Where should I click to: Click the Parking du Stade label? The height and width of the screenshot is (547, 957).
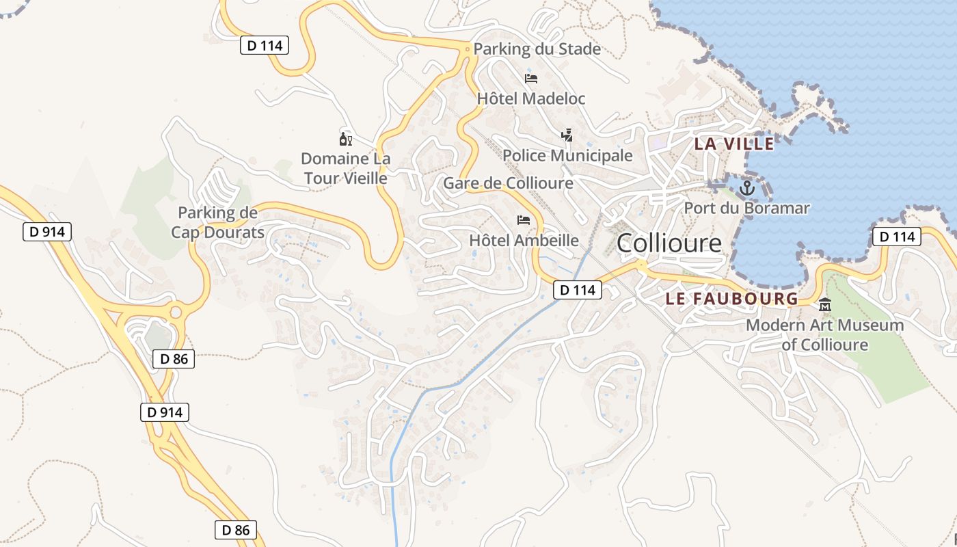click(x=537, y=49)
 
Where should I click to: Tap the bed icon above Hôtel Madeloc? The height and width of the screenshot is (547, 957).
click(x=531, y=78)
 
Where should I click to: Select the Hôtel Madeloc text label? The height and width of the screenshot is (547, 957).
click(x=531, y=98)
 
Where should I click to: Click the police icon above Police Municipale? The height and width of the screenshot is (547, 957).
click(x=566, y=135)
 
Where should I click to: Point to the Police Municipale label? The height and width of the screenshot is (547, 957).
click(x=567, y=156)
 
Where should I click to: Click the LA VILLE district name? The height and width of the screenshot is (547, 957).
click(x=734, y=144)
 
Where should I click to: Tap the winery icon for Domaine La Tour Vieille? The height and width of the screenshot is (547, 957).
click(x=346, y=139)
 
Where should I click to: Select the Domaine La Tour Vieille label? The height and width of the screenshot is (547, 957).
click(x=346, y=168)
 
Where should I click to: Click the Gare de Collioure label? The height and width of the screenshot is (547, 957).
click(x=508, y=183)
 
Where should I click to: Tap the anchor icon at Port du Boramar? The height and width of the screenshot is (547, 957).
click(x=747, y=187)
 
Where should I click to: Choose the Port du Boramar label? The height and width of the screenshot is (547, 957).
click(x=746, y=208)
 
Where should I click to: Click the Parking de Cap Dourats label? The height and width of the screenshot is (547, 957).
click(x=217, y=223)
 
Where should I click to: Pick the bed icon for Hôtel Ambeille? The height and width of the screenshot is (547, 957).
click(x=524, y=220)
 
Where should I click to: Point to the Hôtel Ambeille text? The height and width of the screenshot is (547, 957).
click(x=524, y=241)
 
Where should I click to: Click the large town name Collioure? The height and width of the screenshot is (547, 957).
click(x=669, y=243)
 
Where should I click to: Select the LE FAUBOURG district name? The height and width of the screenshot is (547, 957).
click(x=732, y=299)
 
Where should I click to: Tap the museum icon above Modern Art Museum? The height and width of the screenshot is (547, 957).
click(x=825, y=305)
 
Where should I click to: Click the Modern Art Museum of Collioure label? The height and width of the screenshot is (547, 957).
click(x=824, y=335)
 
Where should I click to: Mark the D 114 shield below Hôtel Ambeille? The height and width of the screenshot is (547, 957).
click(x=578, y=290)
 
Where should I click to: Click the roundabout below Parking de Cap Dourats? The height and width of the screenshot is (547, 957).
click(x=176, y=312)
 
